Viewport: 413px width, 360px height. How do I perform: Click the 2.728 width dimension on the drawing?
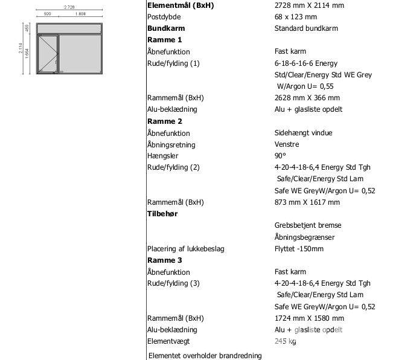pyautogui.click(x=69, y=7)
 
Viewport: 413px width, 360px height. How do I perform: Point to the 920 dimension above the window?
pyautogui.click(x=47, y=13)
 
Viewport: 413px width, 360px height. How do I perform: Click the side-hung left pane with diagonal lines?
pyautogui.click(x=48, y=54)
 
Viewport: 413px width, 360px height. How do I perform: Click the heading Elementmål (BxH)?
pyautogui.click(x=181, y=5)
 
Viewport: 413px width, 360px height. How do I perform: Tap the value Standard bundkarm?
pyautogui.click(x=306, y=28)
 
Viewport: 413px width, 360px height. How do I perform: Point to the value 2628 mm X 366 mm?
pyautogui.click(x=307, y=98)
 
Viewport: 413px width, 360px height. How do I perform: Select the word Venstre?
pyautogui.click(x=287, y=144)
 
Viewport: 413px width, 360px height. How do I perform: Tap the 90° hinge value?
pyautogui.click(x=280, y=156)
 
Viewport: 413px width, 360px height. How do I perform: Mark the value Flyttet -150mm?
pyautogui.click(x=299, y=249)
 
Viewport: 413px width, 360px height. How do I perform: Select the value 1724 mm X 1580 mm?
pyautogui.click(x=309, y=318)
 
